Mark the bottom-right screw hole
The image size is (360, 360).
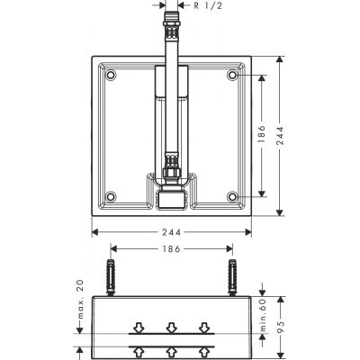[x=234, y=195]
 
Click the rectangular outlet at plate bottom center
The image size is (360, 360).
[x=172, y=199]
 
